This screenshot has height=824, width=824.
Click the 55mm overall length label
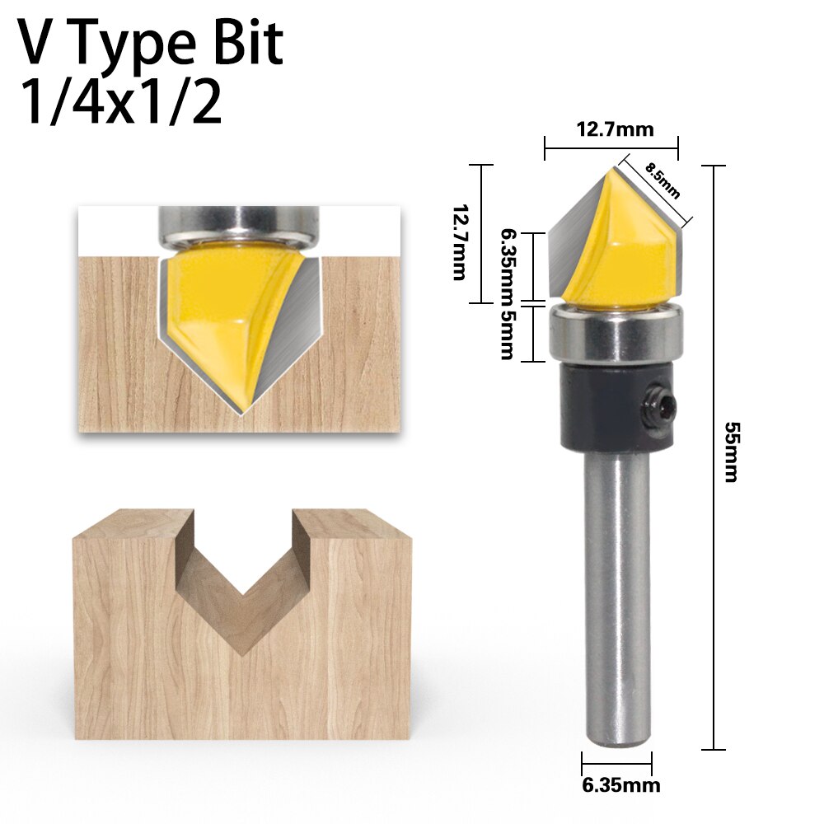tap(730, 452)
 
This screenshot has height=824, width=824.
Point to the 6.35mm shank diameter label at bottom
tap(620, 785)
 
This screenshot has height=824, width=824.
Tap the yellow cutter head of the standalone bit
tap(626, 247)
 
